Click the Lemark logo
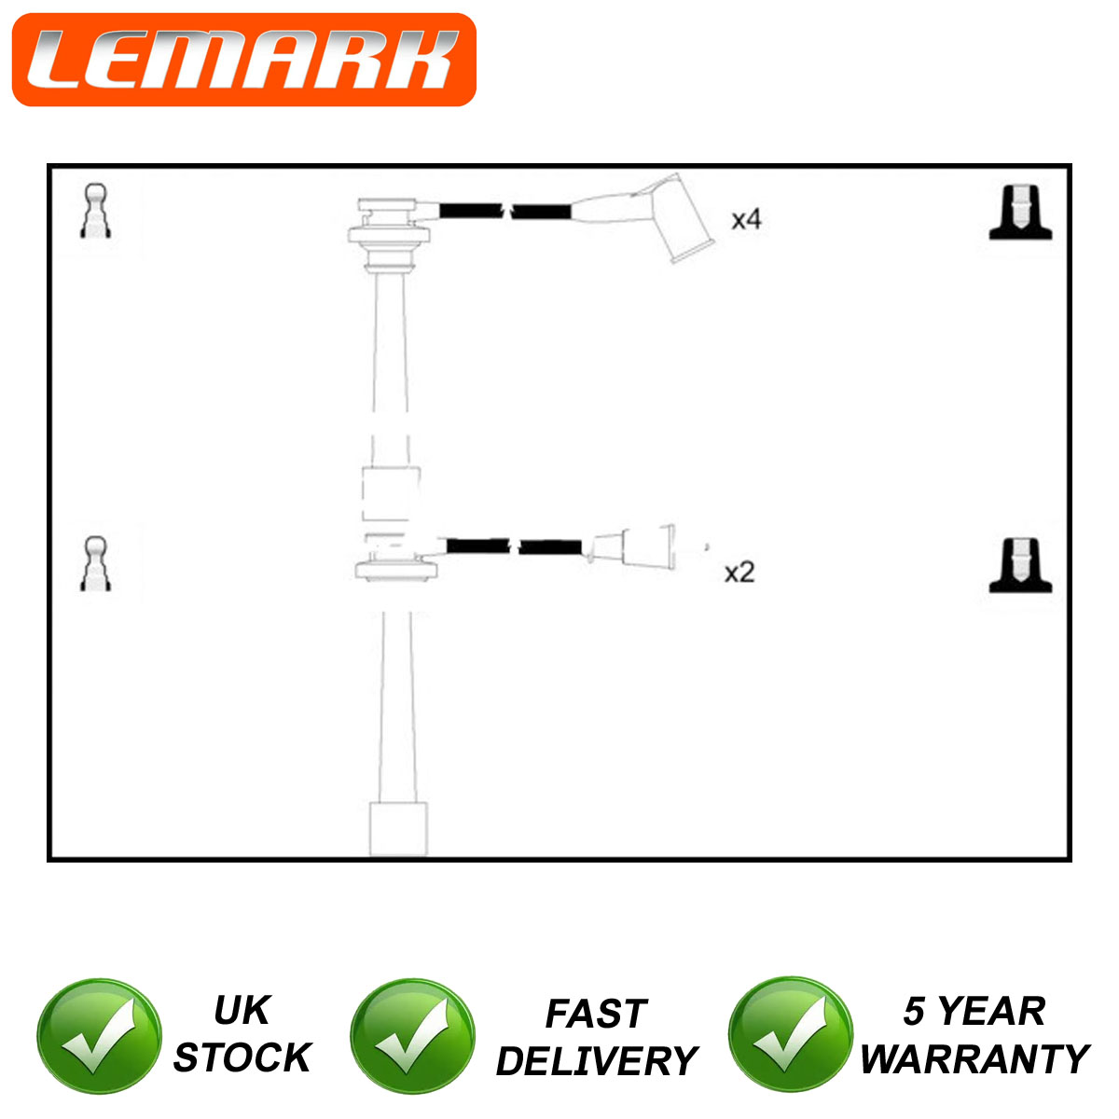244,60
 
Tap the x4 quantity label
746,219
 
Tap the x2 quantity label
739,573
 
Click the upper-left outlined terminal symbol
96,211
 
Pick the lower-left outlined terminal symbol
96,563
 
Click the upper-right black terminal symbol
1020,213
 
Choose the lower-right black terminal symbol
1020,565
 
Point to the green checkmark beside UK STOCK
99,1037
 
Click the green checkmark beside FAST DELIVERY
412,1037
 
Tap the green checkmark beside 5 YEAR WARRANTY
791,1035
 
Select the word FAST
597,1014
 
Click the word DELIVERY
597,1061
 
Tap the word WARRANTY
974,1059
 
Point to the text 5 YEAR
974,1011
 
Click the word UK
242,1011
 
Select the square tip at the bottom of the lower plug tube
398,829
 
